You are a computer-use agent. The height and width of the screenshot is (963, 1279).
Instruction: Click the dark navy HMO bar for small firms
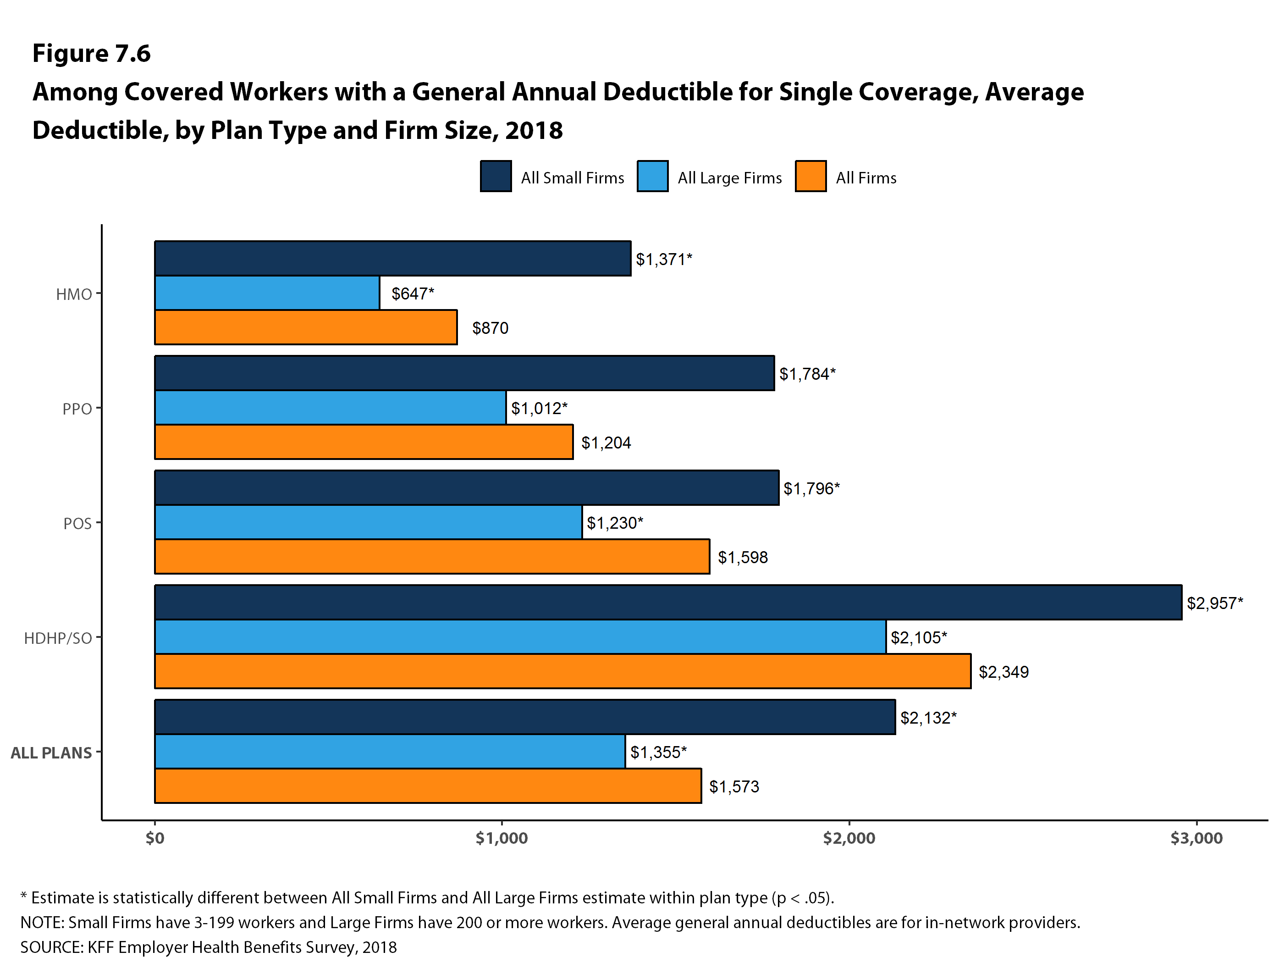click(x=392, y=259)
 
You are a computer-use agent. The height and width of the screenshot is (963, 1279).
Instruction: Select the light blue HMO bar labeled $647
click(x=267, y=293)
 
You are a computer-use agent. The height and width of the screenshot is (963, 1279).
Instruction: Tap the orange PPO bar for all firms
click(x=364, y=442)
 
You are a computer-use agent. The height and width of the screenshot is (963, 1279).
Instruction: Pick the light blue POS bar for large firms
click(x=368, y=522)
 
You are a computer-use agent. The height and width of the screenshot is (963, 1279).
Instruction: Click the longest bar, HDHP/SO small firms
click(x=668, y=602)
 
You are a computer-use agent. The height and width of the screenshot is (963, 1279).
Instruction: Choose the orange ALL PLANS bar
click(x=428, y=786)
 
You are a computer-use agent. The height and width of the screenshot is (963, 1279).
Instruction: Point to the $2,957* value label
click(x=1214, y=603)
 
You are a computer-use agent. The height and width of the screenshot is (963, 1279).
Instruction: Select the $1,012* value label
click(x=539, y=408)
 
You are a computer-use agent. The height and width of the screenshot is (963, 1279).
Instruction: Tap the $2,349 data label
click(x=1003, y=672)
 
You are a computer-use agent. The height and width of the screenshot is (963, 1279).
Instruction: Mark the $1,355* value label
click(x=658, y=752)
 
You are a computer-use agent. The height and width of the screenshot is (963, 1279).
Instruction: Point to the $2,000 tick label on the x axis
click(x=849, y=838)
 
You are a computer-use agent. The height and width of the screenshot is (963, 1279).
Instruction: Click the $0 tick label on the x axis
click(x=155, y=838)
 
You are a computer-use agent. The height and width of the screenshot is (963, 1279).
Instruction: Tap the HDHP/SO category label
click(x=58, y=638)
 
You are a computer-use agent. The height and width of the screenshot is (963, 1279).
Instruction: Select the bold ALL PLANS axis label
click(x=51, y=753)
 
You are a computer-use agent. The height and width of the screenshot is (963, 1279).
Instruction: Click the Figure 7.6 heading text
click(x=91, y=53)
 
